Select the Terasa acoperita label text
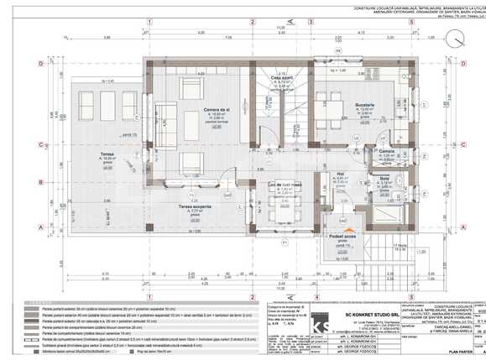point(194,206)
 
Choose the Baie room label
point(384,179)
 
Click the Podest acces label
point(342,237)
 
